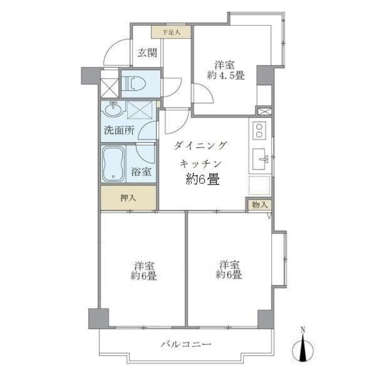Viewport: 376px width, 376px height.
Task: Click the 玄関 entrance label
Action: [x=147, y=53]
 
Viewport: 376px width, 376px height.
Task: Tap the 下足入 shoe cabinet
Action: [x=170, y=32]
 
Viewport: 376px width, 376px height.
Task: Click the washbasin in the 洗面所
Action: [x=113, y=111]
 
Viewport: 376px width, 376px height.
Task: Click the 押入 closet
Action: [x=128, y=198]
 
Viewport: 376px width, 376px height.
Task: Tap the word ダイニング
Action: [x=201, y=145]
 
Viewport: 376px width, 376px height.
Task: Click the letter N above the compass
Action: [x=303, y=329]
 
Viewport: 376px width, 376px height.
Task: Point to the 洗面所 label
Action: [x=118, y=131]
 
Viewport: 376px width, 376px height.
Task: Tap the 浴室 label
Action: [x=141, y=172]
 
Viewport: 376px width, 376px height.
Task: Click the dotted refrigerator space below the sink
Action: [x=260, y=186]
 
